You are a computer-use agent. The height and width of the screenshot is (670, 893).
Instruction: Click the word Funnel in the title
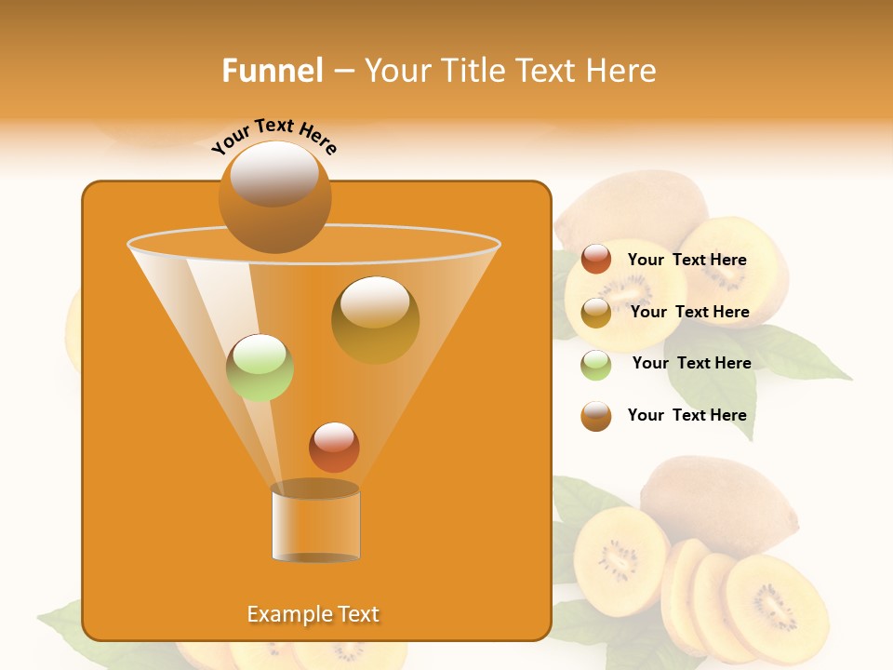272,71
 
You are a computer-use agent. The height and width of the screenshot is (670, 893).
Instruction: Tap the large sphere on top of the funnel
274,196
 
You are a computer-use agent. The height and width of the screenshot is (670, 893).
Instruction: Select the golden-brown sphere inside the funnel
375,319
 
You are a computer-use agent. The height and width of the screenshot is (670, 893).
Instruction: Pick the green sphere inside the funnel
260,368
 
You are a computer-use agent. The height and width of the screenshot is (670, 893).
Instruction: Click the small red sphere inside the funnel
334,447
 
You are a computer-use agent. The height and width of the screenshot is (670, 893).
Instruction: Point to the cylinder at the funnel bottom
315,523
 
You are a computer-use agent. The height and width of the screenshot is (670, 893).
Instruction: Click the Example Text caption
313,614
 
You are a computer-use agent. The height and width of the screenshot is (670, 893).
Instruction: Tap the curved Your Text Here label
273,136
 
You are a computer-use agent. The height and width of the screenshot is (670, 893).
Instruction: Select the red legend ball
596,260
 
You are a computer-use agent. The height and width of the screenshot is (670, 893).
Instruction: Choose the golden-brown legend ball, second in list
596,313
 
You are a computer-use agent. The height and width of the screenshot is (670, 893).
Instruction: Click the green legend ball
596,365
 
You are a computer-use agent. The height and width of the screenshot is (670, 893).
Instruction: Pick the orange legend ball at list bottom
596,416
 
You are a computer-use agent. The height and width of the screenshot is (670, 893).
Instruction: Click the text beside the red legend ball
686,261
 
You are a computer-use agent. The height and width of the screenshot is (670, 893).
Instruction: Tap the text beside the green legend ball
691,364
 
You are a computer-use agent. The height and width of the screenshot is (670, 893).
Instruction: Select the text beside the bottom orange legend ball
686,415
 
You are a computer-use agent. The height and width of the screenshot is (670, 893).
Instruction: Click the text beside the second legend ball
689,313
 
